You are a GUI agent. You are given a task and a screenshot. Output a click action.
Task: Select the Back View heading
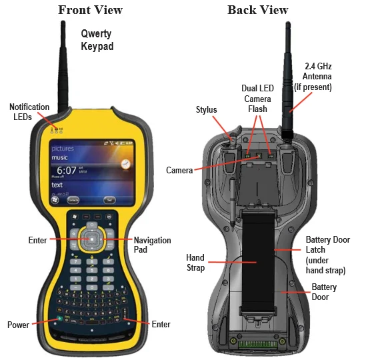[x=258, y=9]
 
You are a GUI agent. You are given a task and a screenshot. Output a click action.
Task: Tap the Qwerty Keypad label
[x=97, y=40]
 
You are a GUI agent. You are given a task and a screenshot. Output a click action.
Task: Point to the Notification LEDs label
[x=29, y=112]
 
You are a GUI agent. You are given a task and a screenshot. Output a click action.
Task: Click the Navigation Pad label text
[x=152, y=245]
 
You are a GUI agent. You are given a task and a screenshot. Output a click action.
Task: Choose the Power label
[x=18, y=325]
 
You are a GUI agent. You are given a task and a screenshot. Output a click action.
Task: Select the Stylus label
[x=207, y=109]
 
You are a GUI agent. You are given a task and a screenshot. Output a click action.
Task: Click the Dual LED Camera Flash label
[x=257, y=98]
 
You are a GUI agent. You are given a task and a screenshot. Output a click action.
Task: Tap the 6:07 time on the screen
[x=66, y=170]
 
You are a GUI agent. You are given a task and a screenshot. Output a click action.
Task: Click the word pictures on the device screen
[x=63, y=148]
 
